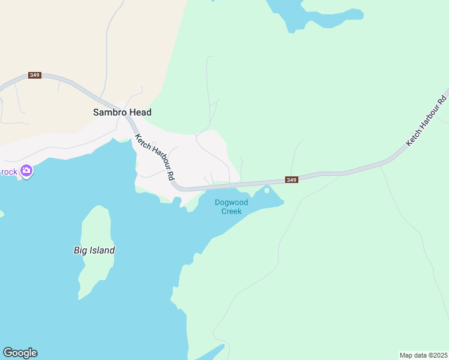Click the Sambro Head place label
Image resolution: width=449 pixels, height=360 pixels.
tap(122, 112)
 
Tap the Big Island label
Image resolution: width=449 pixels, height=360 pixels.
tap(94, 250)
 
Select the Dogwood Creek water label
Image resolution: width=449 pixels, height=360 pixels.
tap(231, 207)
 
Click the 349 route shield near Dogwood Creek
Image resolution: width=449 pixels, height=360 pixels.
tap(291, 180)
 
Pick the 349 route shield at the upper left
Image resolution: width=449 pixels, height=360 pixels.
tap(34, 75)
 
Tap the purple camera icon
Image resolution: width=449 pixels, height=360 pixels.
tap(26, 172)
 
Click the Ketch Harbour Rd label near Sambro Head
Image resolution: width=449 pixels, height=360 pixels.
tap(155, 157)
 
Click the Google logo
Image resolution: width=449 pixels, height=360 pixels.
tap(20, 353)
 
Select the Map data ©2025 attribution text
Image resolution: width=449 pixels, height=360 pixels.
tap(423, 355)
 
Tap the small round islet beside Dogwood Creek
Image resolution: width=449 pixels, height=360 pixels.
tap(267, 190)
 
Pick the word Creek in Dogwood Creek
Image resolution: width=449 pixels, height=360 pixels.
tap(231, 211)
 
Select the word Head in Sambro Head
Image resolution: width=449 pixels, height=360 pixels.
tap(139, 112)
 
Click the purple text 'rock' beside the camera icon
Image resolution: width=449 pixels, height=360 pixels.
tap(9, 172)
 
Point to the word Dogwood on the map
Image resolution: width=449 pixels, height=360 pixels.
tap(231, 203)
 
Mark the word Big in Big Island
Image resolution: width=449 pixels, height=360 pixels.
tap(80, 250)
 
